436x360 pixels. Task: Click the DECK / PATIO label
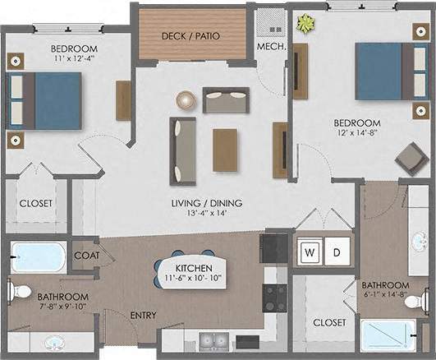click(192, 36)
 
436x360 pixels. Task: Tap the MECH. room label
click(270, 47)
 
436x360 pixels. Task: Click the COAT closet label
click(86, 255)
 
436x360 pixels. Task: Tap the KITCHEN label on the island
click(195, 269)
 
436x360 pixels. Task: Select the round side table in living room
click(186, 100)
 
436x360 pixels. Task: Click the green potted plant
click(306, 25)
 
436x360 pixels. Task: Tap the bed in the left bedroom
click(46, 101)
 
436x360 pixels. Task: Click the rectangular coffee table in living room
click(225, 150)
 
